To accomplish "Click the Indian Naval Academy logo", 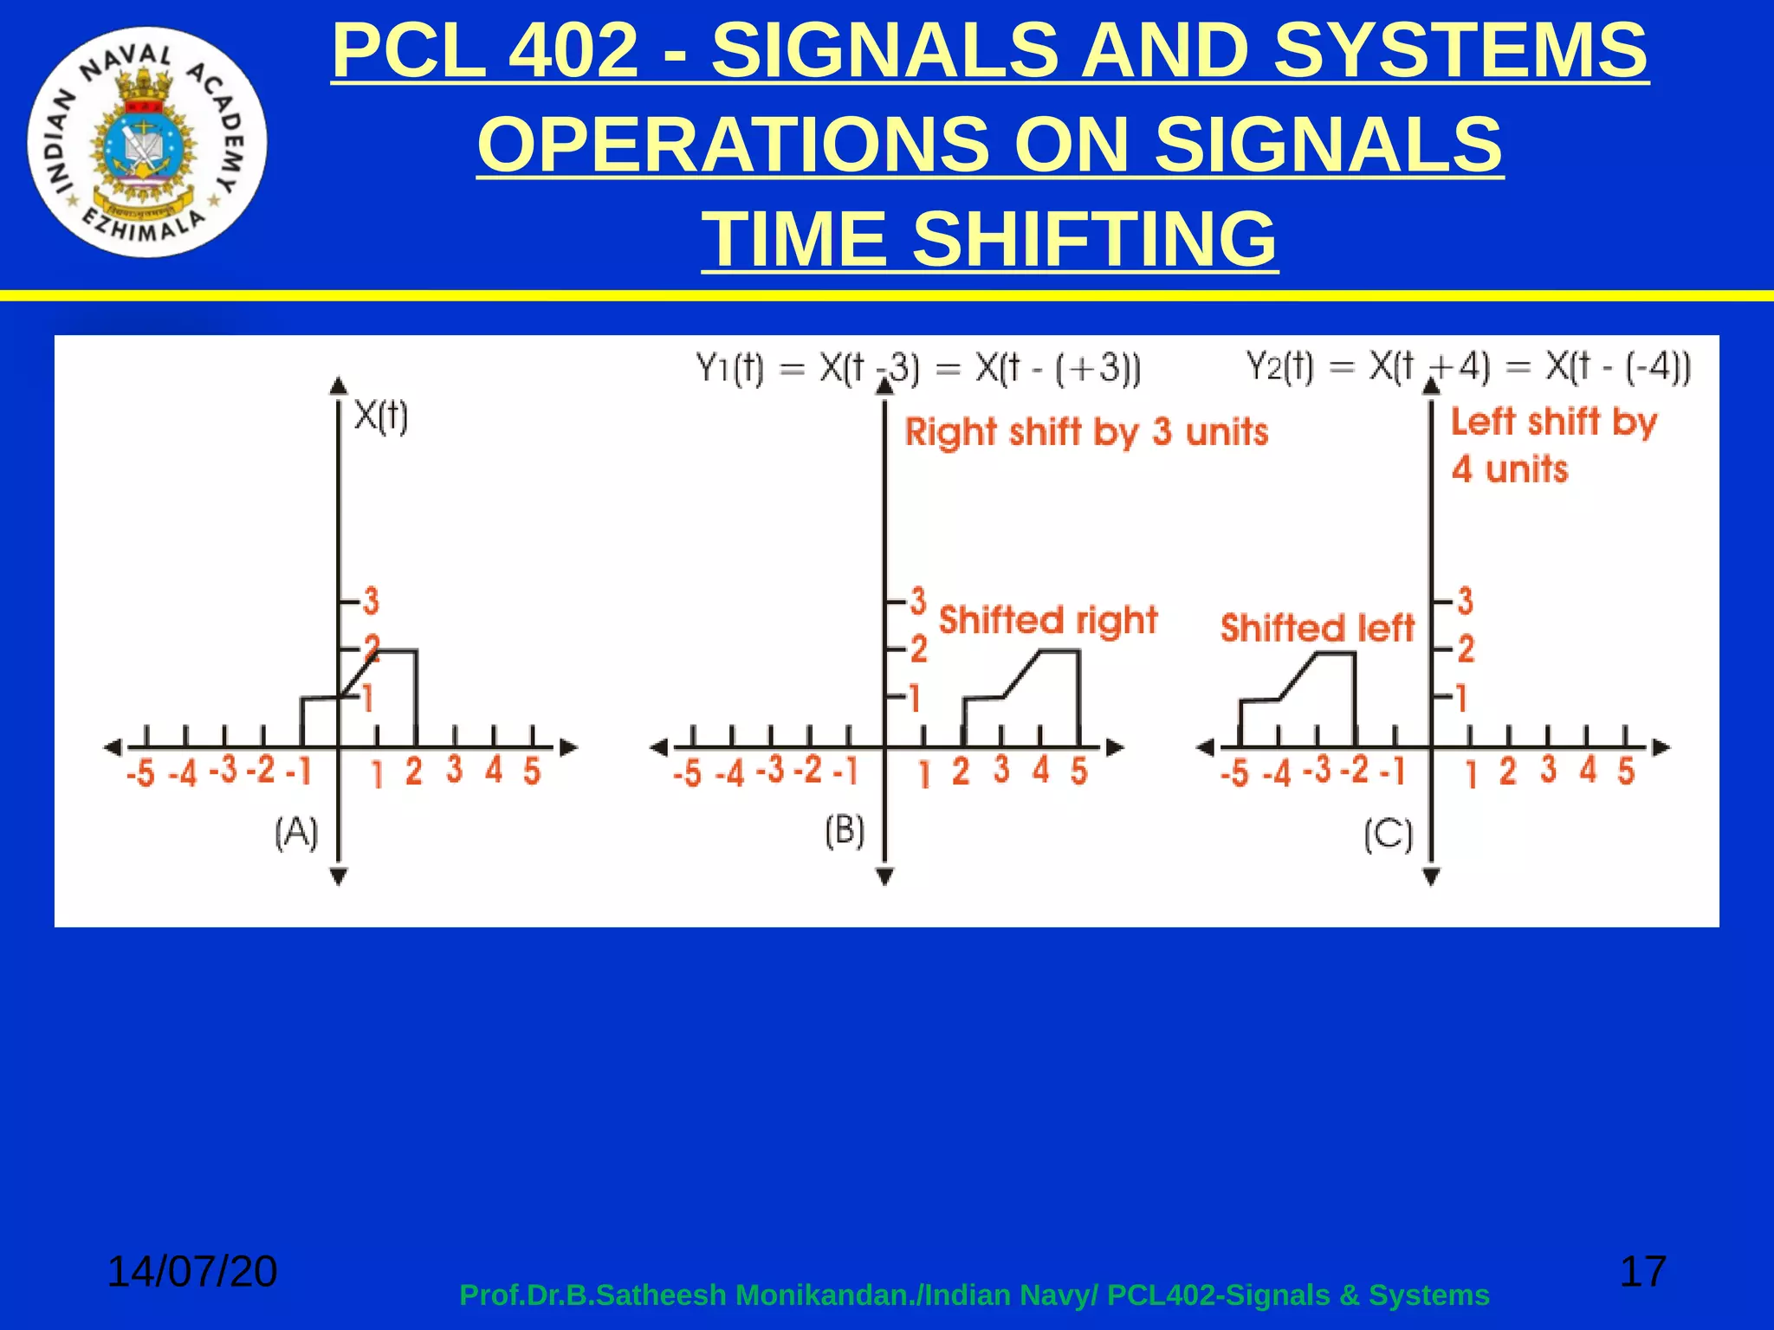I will [147, 142].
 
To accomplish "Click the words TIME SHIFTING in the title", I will [989, 239].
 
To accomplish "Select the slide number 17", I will [1642, 1271].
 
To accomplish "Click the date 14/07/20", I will [191, 1271].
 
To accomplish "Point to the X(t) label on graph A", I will [381, 416].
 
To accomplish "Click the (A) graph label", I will [296, 833].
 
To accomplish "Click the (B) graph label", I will [845, 831].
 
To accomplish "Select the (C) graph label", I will [1388, 836].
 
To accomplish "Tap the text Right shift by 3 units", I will [1086, 432].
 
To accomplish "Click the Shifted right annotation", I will [1048, 621].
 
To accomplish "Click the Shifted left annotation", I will [1317, 629].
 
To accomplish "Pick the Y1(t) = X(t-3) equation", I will [918, 370].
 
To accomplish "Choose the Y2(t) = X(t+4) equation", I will [1467, 367].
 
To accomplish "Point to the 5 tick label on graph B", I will [1078, 770].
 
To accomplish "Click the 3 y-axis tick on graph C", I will [1465, 600].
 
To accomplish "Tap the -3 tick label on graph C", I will [1317, 769].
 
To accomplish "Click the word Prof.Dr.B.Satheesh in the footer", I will [592, 1295].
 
